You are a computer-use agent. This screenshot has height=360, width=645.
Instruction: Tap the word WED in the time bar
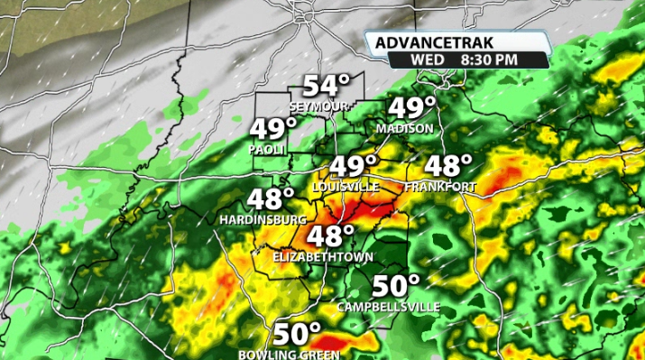[427, 60]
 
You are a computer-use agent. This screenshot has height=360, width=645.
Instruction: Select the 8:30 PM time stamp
[488, 60]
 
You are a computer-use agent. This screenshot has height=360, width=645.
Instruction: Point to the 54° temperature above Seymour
[325, 87]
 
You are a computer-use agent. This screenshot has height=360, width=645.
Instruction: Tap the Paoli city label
[268, 149]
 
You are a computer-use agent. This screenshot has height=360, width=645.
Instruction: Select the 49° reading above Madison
[411, 108]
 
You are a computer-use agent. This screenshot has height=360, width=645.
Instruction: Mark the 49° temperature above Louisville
[352, 166]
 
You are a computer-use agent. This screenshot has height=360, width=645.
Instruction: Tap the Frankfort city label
[439, 186]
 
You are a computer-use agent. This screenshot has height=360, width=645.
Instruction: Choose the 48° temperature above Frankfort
[448, 166]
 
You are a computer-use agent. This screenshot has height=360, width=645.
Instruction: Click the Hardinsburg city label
[263, 219]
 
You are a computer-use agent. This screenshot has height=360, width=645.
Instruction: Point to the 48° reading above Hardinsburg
[272, 198]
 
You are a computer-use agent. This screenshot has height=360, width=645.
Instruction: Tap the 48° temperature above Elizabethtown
[330, 236]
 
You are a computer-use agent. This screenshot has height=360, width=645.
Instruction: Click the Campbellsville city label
[389, 307]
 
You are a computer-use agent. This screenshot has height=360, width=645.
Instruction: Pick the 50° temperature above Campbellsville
[397, 286]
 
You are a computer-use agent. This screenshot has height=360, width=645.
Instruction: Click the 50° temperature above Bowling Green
[298, 334]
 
